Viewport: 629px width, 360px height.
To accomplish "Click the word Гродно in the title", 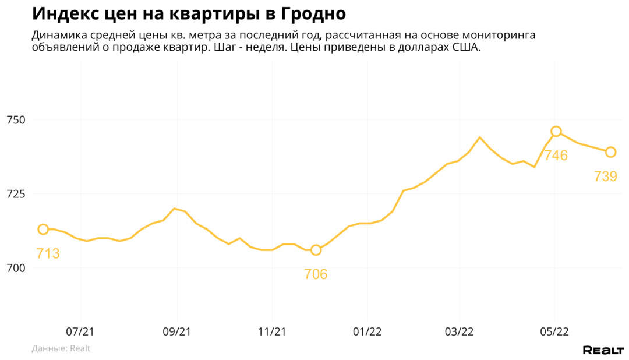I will pos(314,13).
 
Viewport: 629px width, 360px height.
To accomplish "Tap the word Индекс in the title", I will pos(64,13).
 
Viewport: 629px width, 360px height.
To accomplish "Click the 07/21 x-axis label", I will pos(80,331).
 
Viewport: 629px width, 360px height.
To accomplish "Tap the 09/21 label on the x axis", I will pos(176,331).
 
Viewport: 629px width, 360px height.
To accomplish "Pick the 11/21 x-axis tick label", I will pos(272,331).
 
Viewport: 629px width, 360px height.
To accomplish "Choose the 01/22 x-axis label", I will pos(367,331).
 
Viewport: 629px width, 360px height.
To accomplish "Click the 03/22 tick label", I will pos(459,331).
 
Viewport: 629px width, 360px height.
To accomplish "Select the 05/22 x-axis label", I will pos(554,331).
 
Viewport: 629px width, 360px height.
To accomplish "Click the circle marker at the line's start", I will pos(43,230).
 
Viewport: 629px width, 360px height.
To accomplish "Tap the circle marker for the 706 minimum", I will pos(316,250).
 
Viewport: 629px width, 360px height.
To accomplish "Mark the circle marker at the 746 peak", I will pos(556,132).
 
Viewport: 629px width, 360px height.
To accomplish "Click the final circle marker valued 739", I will pos(610,152).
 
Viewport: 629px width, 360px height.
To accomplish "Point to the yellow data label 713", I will pos(48,253).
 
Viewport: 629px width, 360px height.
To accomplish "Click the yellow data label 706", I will pos(316,274).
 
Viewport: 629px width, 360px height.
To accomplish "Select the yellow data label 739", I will pos(606,176).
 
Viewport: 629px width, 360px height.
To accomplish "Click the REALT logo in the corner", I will pos(603,350).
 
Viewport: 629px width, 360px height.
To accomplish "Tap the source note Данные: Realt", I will pos(61,348).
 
